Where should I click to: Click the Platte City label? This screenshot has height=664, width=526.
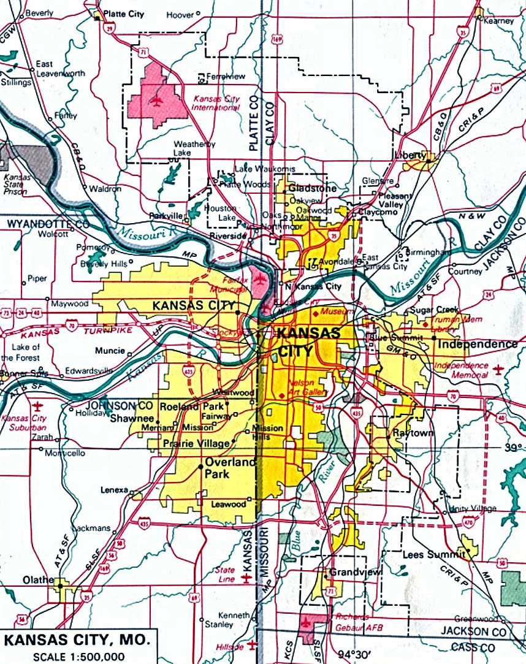click(126, 12)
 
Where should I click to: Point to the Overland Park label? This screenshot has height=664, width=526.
click(229, 468)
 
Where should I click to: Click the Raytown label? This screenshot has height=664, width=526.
click(413, 433)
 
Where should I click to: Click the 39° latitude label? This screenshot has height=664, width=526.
click(513, 448)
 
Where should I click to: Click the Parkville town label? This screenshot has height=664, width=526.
click(166, 216)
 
